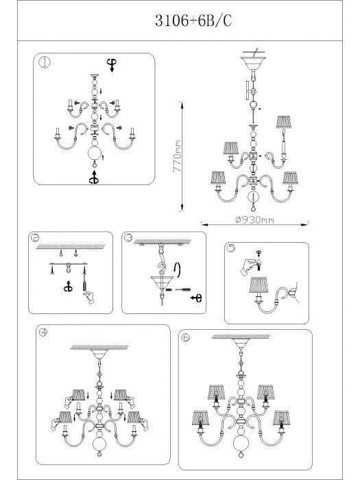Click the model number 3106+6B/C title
pos(193,21)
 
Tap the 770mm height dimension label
pos(177,156)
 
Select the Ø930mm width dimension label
pos(254,220)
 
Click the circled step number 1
pos(45,63)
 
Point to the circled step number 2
pos(36,238)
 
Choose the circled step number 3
pos(128,237)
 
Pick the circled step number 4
pos(43,333)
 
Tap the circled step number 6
pos(186,337)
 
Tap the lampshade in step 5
pos(259,285)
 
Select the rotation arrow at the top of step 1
pos(111,65)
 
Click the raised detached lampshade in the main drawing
pos(285,121)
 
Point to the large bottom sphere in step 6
pos(240,441)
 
